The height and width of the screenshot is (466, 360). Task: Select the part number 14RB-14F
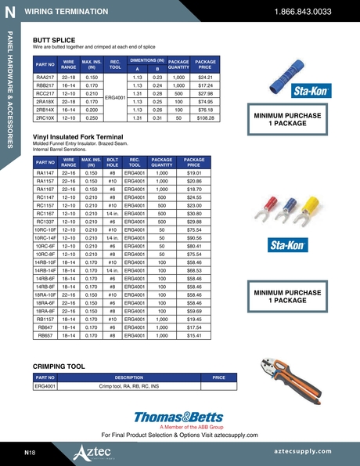pos(45,270)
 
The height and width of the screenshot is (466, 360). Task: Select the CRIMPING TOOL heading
pos(59,366)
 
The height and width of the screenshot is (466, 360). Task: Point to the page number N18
pos(29,453)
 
